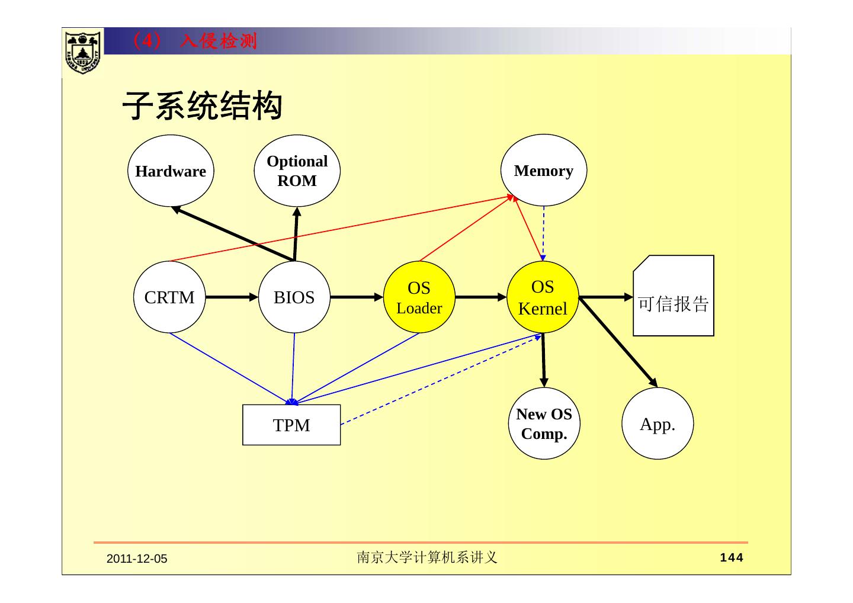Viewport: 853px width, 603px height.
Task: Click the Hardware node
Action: point(171,171)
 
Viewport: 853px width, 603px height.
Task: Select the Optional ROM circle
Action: point(297,171)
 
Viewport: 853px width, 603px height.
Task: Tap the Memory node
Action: point(543,171)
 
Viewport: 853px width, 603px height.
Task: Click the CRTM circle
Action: point(169,297)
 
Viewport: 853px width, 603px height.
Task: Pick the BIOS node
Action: point(294,297)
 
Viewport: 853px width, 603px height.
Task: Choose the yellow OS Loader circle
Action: point(419,297)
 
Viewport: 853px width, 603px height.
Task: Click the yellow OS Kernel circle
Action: point(543,297)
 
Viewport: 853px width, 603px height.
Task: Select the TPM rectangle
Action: point(291,425)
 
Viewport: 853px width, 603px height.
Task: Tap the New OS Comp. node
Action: point(544,424)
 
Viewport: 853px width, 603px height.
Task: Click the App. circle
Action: point(658,424)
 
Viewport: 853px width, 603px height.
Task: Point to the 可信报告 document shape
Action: point(674,296)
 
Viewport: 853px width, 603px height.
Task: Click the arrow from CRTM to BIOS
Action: point(232,297)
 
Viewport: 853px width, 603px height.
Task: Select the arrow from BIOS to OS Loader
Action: point(357,297)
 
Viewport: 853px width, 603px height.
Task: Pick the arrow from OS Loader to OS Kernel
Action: point(480,297)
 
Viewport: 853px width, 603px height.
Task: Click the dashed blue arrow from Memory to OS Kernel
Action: point(543,233)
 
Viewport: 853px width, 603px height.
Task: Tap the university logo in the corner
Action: point(82,52)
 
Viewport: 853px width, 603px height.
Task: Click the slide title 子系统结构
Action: point(202,107)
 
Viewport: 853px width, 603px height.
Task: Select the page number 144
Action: point(731,557)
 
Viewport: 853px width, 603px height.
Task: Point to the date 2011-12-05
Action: point(137,559)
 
